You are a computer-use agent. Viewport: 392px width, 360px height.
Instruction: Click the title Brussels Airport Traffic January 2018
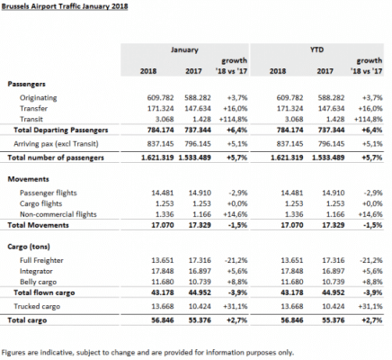[x=65, y=6]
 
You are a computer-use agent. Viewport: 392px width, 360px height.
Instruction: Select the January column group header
[x=184, y=49]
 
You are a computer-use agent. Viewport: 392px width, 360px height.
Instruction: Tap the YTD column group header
[x=316, y=49]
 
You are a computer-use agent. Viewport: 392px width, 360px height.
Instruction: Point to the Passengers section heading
[x=26, y=84]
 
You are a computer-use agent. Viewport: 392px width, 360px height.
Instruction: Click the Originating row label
[x=39, y=98]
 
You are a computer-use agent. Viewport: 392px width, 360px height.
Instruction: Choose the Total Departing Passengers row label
[x=61, y=130]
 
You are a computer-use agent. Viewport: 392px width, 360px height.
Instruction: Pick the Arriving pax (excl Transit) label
[x=56, y=144]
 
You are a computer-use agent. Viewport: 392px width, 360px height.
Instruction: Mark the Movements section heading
[x=28, y=179]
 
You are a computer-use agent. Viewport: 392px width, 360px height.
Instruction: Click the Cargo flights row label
[x=40, y=203]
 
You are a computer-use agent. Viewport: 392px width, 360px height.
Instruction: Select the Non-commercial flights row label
[x=58, y=214]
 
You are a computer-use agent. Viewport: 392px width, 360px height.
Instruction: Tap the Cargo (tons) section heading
[x=29, y=247]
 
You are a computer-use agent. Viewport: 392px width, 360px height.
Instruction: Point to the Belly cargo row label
[x=38, y=282]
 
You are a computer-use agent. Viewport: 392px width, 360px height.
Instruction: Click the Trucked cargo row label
[x=37, y=306]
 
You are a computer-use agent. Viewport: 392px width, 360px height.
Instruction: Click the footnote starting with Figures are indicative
[x=147, y=352]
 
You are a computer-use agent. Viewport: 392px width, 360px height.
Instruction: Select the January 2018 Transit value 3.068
[x=165, y=120]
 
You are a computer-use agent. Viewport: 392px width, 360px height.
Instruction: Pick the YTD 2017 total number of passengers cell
[x=328, y=157]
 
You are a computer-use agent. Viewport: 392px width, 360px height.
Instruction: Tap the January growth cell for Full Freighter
[x=236, y=260]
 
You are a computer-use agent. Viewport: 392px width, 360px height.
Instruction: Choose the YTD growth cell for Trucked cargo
[x=370, y=306]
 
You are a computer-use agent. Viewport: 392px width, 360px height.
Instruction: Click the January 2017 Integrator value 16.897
[x=200, y=271]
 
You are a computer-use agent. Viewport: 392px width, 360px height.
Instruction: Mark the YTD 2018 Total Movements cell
[x=292, y=225]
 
